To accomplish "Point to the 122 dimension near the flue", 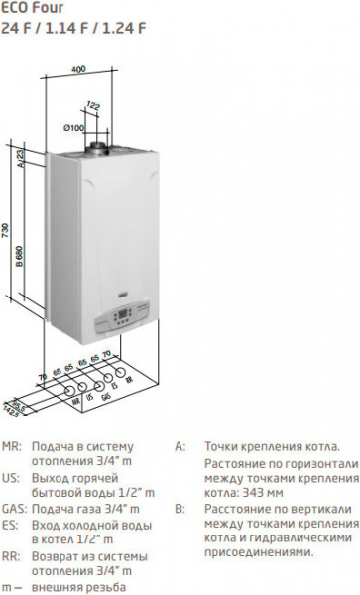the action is [x=93, y=104].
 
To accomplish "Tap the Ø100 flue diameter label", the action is [x=73, y=128].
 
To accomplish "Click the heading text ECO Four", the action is [x=30, y=8].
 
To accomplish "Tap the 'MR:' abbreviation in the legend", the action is [x=12, y=447].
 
